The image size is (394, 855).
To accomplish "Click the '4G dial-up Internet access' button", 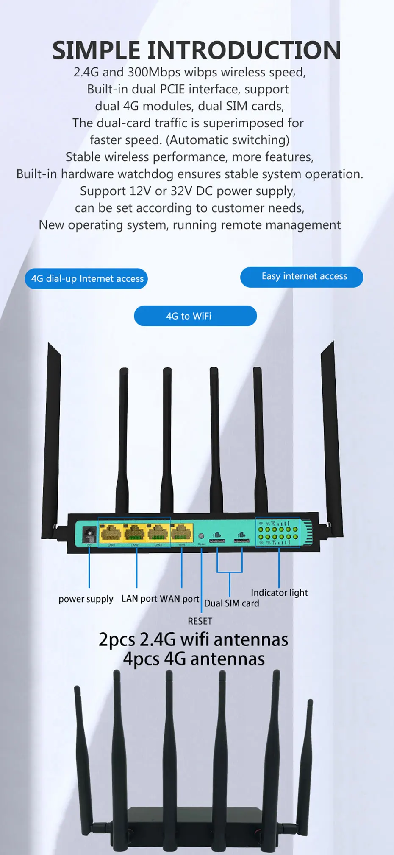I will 86,279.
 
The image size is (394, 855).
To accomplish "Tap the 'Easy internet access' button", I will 302,277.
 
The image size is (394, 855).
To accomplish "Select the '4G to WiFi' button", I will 195,316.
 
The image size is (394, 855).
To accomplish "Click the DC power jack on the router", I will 89,533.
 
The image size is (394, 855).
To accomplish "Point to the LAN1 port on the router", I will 111,533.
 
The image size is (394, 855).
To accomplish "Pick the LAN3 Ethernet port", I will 158,533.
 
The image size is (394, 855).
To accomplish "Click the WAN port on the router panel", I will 181,533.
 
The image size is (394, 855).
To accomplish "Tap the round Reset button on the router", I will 201,536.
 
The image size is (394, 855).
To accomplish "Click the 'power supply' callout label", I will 86,599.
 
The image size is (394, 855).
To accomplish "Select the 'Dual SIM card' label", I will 232,603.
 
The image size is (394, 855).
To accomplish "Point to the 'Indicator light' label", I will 279,593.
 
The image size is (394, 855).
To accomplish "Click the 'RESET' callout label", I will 200,621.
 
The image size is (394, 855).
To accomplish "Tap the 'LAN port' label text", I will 139,599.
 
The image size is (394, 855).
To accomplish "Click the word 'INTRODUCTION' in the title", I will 244,50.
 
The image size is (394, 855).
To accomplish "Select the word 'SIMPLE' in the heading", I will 96,50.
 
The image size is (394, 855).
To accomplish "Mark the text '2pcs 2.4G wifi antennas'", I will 193,640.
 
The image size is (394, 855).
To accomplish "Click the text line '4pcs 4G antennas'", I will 194,659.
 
